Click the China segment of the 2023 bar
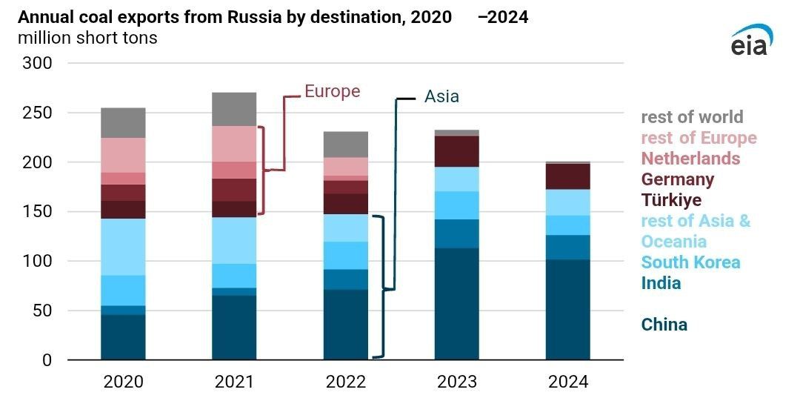coord(456,304)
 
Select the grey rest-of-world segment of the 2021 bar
coord(234,109)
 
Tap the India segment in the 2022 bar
coord(345,279)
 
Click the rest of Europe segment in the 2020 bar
coord(123,155)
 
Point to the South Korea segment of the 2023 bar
coord(456,205)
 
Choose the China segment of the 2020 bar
coord(123,337)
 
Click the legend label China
coord(664,325)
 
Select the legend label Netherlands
coord(690,159)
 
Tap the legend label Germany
coord(678,179)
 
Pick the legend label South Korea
coord(690,262)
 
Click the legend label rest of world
coord(692,117)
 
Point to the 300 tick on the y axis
coord(38,63)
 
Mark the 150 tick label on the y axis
coord(38,212)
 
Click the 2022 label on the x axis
coord(345,382)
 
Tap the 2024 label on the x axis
coord(567,382)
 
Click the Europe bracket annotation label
coord(333,91)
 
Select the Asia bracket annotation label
coord(441,96)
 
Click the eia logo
coord(749,43)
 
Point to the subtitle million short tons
coord(87,38)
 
